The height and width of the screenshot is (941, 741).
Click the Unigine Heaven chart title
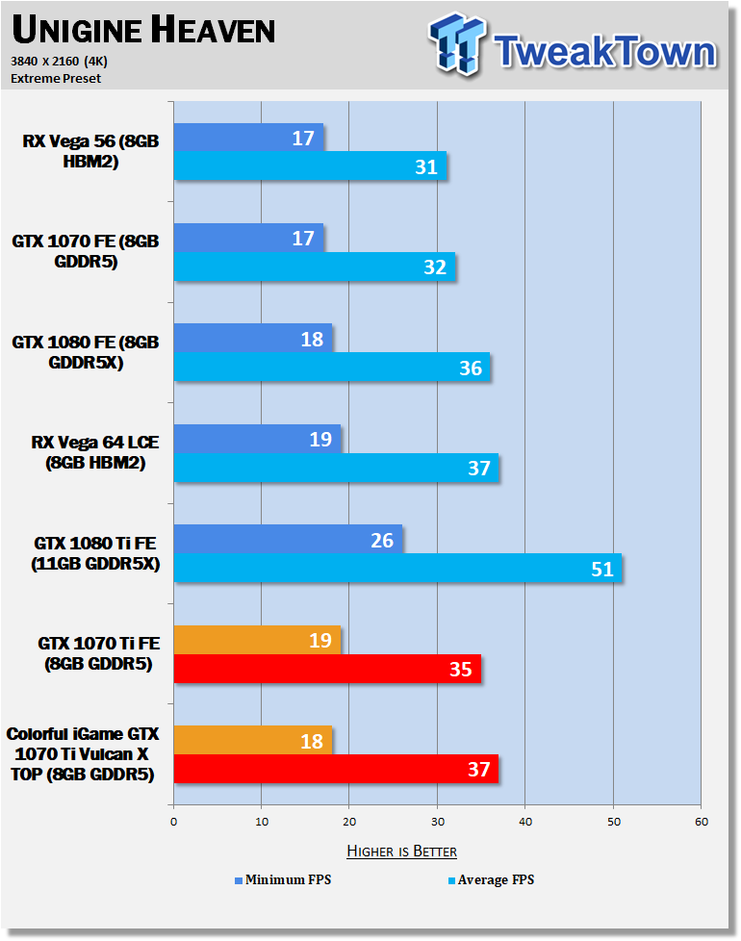click(x=143, y=30)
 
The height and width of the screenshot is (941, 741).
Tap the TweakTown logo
click(x=573, y=45)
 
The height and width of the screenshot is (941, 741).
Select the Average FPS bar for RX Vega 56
click(x=310, y=165)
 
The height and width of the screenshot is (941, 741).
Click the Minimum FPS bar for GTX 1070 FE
click(x=249, y=238)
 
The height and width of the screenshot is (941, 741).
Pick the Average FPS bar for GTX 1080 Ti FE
click(x=397, y=568)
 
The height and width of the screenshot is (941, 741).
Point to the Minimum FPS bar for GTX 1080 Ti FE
click(x=288, y=539)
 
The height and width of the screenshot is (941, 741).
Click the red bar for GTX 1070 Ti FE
click(x=327, y=669)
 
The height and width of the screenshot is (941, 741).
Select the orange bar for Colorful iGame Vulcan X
click(x=253, y=740)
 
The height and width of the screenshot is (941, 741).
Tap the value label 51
click(x=602, y=569)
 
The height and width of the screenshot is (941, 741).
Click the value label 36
click(x=471, y=368)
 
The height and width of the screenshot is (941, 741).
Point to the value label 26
click(x=382, y=540)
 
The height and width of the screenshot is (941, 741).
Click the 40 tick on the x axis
click(x=525, y=822)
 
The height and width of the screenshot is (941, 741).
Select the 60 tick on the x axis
click(x=702, y=822)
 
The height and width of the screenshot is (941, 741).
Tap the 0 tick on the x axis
click(x=174, y=822)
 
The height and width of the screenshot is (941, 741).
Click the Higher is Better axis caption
click(x=402, y=851)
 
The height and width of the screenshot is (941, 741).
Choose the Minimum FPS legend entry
click(x=283, y=879)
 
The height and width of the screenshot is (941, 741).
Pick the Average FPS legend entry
click(x=492, y=879)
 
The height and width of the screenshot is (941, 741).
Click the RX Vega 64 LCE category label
click(x=95, y=452)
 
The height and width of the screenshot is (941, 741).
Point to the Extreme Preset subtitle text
click(x=56, y=79)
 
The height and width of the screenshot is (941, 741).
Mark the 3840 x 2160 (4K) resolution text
click(x=59, y=62)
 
